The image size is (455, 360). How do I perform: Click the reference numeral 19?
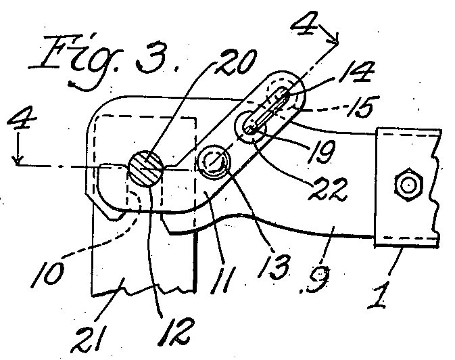point(321,150)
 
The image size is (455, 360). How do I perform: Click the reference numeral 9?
point(316,279)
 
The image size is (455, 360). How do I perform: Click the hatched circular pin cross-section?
point(145,168)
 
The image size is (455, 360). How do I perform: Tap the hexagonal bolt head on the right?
point(408,184)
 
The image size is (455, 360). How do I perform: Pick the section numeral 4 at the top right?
point(305,23)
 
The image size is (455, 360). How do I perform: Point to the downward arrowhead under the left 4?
point(18,160)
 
